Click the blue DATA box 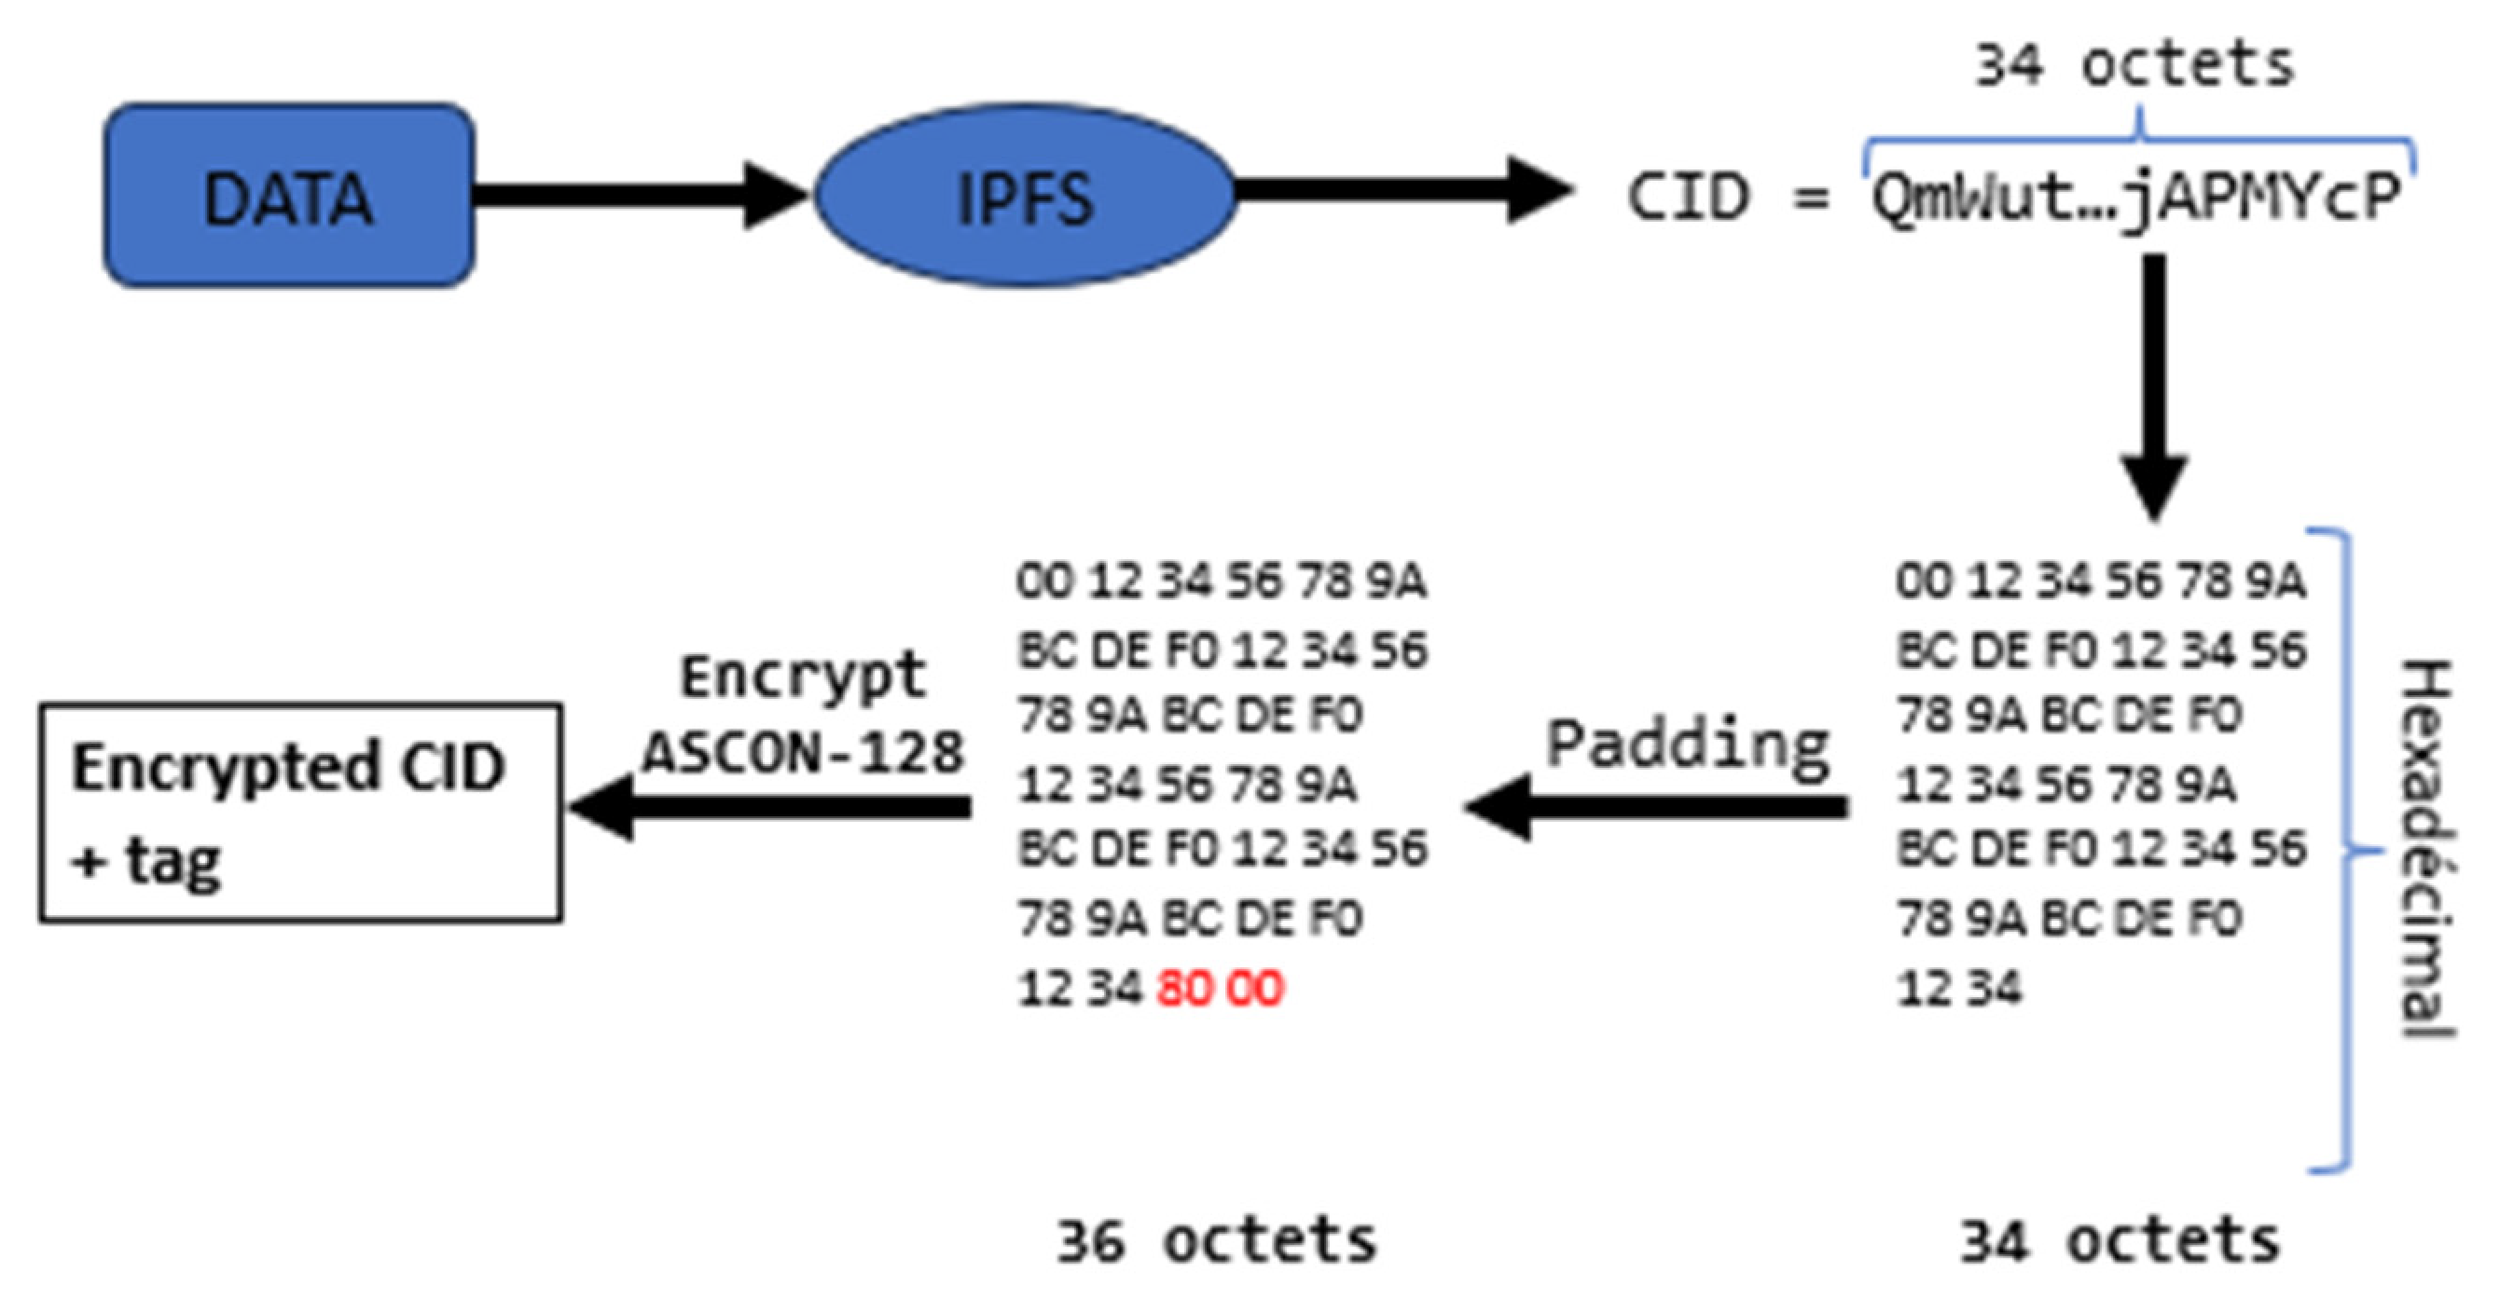[x=288, y=196]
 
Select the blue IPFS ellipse [x=1024, y=196]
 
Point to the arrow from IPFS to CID [x=1398, y=191]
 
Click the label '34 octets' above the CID [x=2135, y=66]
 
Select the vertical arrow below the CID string [x=2153, y=388]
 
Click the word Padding [x=1687, y=745]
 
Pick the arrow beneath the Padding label [x=1654, y=806]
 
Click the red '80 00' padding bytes [x=1220, y=989]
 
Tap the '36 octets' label [x=1216, y=1242]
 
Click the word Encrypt [x=803, y=677]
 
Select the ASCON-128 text [x=803, y=752]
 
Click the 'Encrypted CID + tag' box [x=301, y=813]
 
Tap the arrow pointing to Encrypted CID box [x=771, y=806]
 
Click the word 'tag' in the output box [x=173, y=860]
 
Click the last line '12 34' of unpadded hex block [x=1958, y=989]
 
